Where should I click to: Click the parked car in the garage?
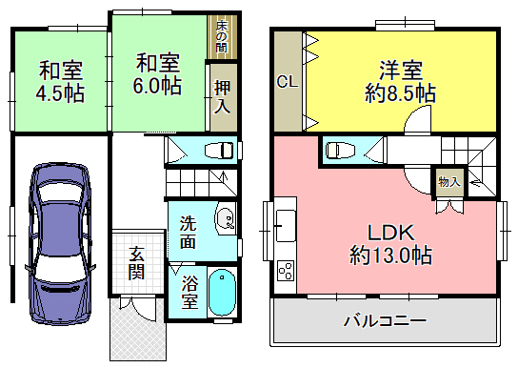coord(60,244)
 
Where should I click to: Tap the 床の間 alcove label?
coord(222,36)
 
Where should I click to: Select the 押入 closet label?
coord(222,97)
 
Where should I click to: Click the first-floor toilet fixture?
coord(219,151)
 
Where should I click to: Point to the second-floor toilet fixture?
coord(340,150)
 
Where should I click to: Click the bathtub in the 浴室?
coord(222,293)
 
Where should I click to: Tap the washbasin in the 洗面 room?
coord(226,218)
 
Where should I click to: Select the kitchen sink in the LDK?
coord(286,225)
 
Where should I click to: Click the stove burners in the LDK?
coord(286,271)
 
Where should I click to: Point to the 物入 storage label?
coord(449,181)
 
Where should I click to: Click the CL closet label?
coord(288,81)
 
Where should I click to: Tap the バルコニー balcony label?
coord(385,320)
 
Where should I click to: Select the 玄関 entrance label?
coord(136,263)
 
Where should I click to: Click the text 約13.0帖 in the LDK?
coord(390,255)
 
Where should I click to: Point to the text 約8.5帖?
coord(400,93)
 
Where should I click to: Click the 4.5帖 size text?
coord(60,93)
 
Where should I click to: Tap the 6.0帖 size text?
coord(157,86)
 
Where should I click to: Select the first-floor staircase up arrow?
coord(224,179)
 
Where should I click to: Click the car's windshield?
coord(60,193)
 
